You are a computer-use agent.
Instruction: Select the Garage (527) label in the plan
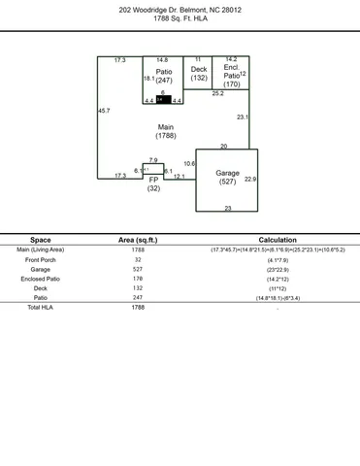pos(227,177)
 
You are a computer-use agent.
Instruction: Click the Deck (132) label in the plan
pos(199,74)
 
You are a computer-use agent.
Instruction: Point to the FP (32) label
pos(153,183)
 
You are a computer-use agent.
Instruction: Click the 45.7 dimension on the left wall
pos(104,111)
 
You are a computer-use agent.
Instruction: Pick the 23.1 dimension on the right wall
pos(242,116)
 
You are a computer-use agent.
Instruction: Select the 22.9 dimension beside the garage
pos(249,179)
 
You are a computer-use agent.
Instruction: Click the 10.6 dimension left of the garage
pos(189,163)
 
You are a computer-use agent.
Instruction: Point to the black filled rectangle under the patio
pos(164,100)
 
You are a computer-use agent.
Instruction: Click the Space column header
pos(41,239)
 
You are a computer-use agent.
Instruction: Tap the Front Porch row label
pos(41,260)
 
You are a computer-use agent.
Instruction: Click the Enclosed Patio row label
pos(41,279)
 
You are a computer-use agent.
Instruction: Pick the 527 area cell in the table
pos(138,269)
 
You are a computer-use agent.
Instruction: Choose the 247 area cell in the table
pos(138,297)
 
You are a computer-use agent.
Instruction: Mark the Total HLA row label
pos(41,307)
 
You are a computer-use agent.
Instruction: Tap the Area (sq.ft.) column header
pos(138,239)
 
